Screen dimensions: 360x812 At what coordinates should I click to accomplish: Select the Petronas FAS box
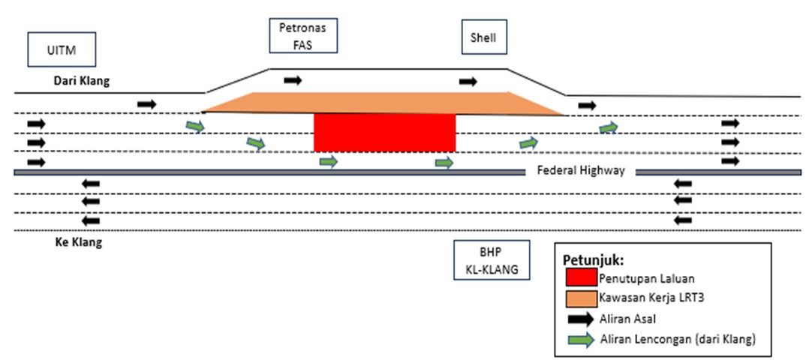click(x=303, y=36)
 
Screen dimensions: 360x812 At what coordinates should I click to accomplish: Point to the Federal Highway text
click(x=581, y=170)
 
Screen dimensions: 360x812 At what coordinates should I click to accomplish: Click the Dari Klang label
click(x=81, y=81)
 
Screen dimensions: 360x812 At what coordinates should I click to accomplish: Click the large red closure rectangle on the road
click(x=384, y=133)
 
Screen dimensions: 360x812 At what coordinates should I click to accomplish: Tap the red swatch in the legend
click(x=582, y=276)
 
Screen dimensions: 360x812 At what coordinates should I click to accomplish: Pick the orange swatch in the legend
click(x=582, y=298)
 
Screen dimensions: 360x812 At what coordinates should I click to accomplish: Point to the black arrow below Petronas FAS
click(x=293, y=79)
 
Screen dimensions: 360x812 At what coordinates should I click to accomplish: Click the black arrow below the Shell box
click(x=468, y=81)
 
